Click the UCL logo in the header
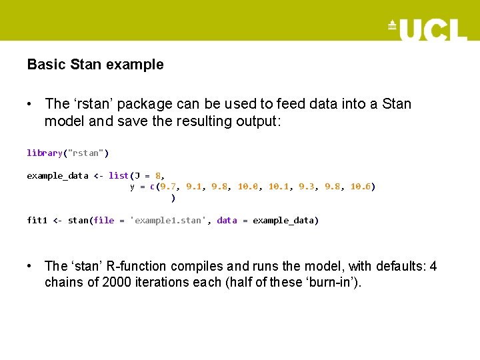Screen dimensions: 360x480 [428, 29]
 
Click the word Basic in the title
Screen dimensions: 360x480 [46, 65]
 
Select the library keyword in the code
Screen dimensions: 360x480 [45, 153]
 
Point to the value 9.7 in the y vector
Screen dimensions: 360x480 [168, 187]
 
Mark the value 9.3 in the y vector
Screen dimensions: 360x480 [307, 187]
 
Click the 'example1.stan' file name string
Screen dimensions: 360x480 [171, 221]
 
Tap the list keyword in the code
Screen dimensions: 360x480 [119, 175]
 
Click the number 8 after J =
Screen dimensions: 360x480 [157, 175]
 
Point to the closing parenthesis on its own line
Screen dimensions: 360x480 [173, 198]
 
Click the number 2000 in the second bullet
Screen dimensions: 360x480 [117, 283]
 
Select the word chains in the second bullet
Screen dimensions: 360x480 [63, 283]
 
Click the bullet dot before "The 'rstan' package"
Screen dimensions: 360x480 [30, 105]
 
